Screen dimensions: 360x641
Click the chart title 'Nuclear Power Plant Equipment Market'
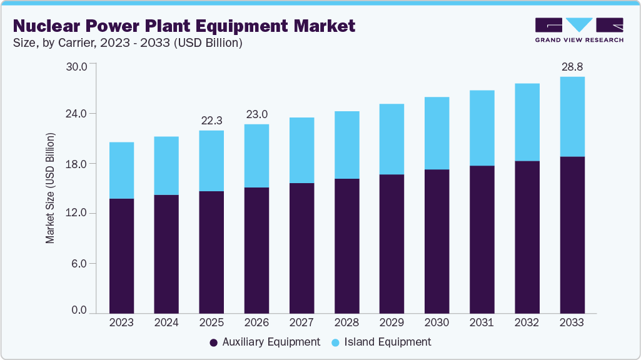pos(184,26)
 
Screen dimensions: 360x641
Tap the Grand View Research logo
pos(579,29)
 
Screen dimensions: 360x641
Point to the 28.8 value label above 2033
pos(572,66)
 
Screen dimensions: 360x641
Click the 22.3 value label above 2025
pos(211,120)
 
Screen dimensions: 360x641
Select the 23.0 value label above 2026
pos(256,114)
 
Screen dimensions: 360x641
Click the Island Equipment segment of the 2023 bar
pos(121,171)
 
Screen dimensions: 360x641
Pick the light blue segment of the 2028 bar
pos(347,145)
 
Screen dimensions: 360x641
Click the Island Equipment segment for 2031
pos(482,128)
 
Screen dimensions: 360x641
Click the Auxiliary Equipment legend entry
pos(265,342)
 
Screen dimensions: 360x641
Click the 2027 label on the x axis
pos(301,322)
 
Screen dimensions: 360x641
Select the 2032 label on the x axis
pos(527,322)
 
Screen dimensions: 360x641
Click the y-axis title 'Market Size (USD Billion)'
pos(50,188)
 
